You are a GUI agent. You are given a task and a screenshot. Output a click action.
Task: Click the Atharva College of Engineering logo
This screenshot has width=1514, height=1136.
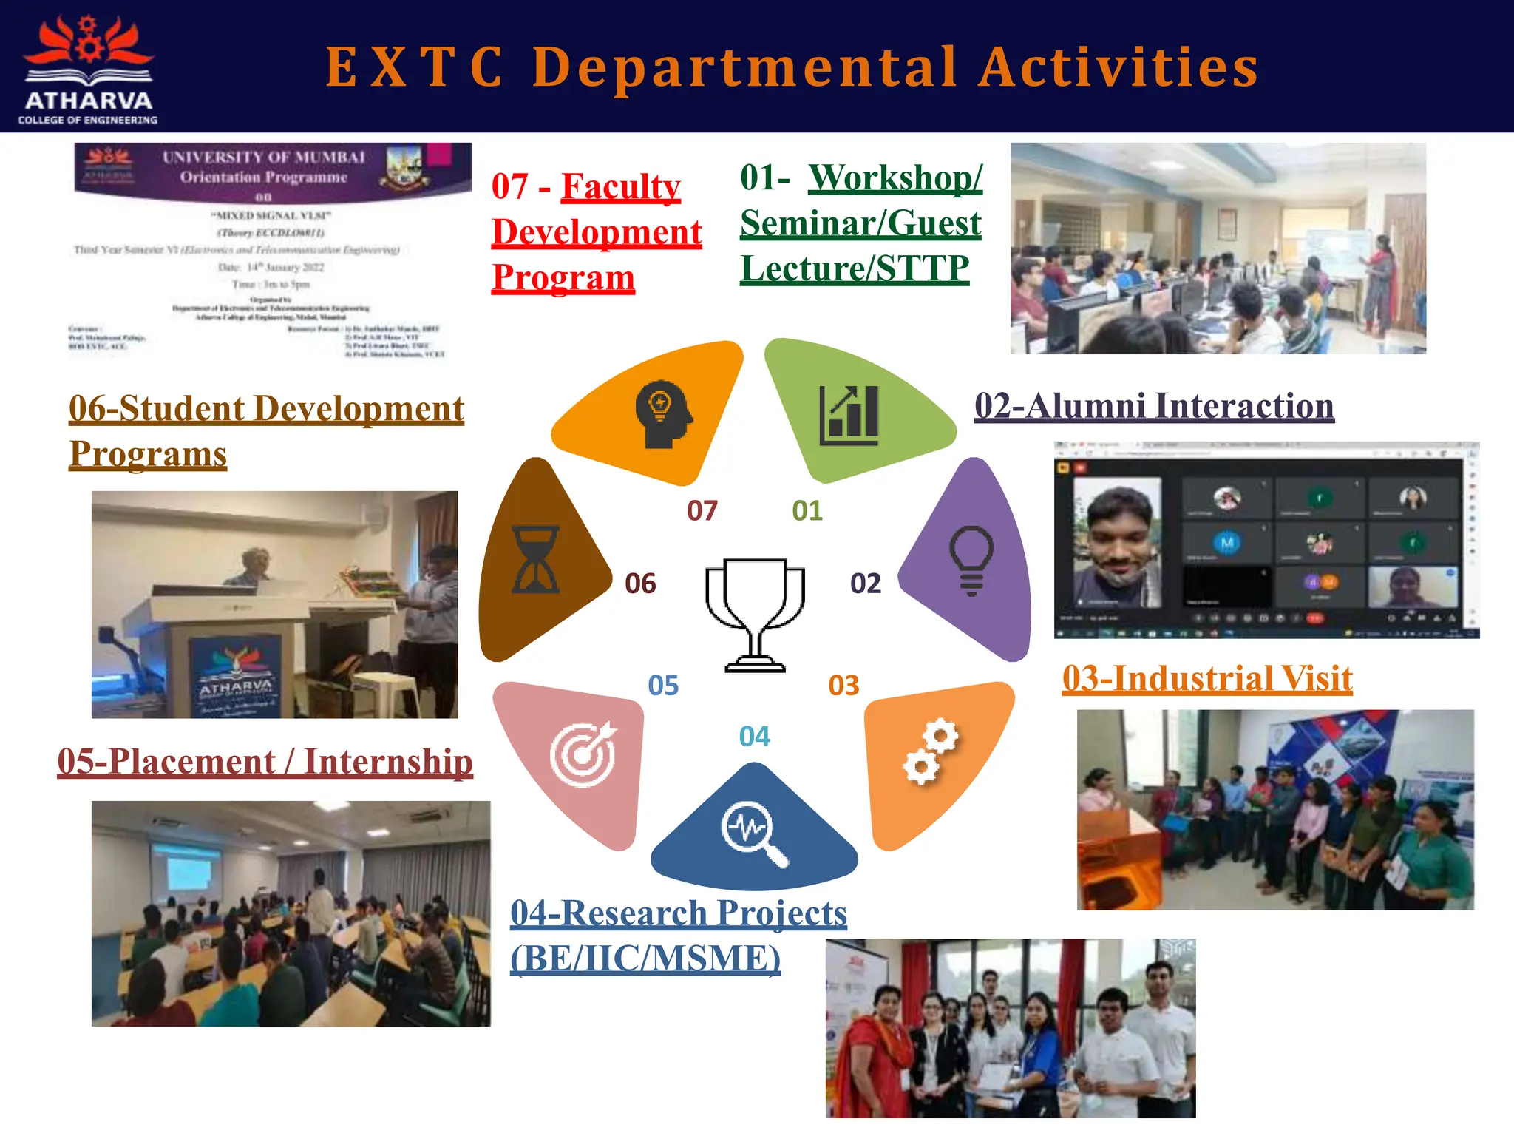88,68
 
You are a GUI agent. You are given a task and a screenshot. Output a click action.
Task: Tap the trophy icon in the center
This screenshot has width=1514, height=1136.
755,615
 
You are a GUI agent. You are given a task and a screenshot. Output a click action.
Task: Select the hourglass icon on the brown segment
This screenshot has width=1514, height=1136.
536,560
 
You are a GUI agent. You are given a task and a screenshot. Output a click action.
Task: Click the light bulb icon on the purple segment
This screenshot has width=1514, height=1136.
971,560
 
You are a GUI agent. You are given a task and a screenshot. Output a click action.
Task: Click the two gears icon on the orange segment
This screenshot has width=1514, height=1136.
931,751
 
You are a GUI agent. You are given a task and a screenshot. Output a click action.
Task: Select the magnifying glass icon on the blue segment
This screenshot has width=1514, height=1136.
754,834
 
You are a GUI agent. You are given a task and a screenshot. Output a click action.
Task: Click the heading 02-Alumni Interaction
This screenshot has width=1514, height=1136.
1154,406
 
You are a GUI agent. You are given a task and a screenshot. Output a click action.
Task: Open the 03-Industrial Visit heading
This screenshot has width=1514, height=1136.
1206,678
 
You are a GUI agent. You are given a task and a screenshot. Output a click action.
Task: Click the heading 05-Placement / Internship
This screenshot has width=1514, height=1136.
265,762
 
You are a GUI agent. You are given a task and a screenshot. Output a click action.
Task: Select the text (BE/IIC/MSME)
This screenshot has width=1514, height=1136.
645,958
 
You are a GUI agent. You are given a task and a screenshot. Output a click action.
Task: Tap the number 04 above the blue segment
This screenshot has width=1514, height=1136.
754,737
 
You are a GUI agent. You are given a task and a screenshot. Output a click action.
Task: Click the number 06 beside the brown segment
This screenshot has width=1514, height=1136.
640,584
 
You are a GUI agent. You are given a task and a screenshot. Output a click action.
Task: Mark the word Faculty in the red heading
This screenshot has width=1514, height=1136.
620,186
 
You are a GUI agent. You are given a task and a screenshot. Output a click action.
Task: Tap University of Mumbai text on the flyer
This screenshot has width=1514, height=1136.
264,158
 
